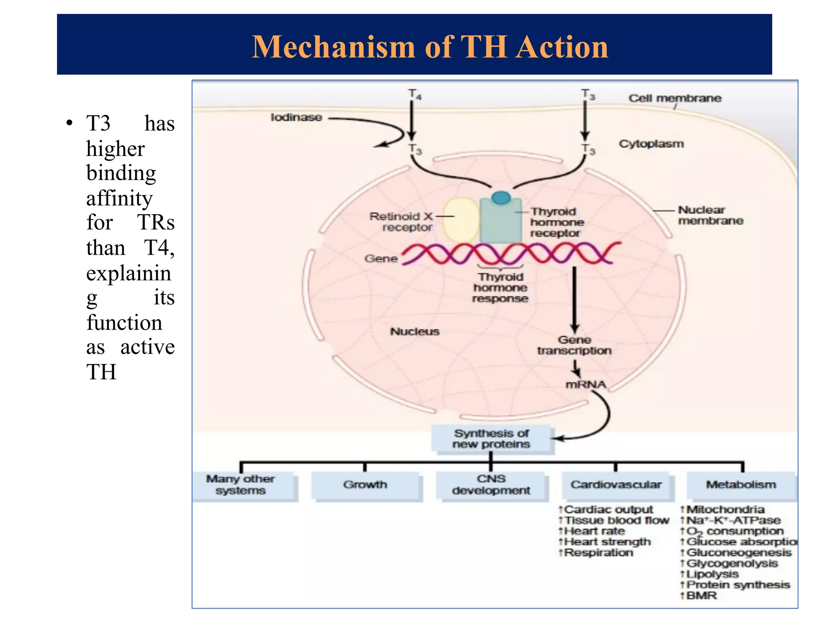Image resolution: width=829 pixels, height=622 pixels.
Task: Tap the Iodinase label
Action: (296, 117)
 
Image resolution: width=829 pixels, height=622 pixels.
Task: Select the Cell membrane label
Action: (674, 98)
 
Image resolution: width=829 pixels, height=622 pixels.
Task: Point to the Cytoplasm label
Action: (651, 144)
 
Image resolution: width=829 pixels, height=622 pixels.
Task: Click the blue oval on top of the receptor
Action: (501, 198)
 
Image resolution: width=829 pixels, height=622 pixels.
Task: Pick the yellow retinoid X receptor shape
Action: (461, 220)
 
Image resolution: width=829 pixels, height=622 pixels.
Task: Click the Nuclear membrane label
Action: (710, 215)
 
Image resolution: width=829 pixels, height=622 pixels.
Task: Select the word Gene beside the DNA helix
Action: (381, 258)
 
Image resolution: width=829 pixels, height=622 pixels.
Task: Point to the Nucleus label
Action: (414, 332)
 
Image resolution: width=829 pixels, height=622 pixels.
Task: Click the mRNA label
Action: (585, 384)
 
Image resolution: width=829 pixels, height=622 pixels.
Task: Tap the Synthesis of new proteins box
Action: (491, 439)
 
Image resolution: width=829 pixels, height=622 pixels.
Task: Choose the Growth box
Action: (365, 485)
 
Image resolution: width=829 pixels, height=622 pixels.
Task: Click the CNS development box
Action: (491, 485)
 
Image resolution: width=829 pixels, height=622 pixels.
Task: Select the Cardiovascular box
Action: (616, 485)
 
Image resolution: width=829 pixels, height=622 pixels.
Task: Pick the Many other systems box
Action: (240, 485)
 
